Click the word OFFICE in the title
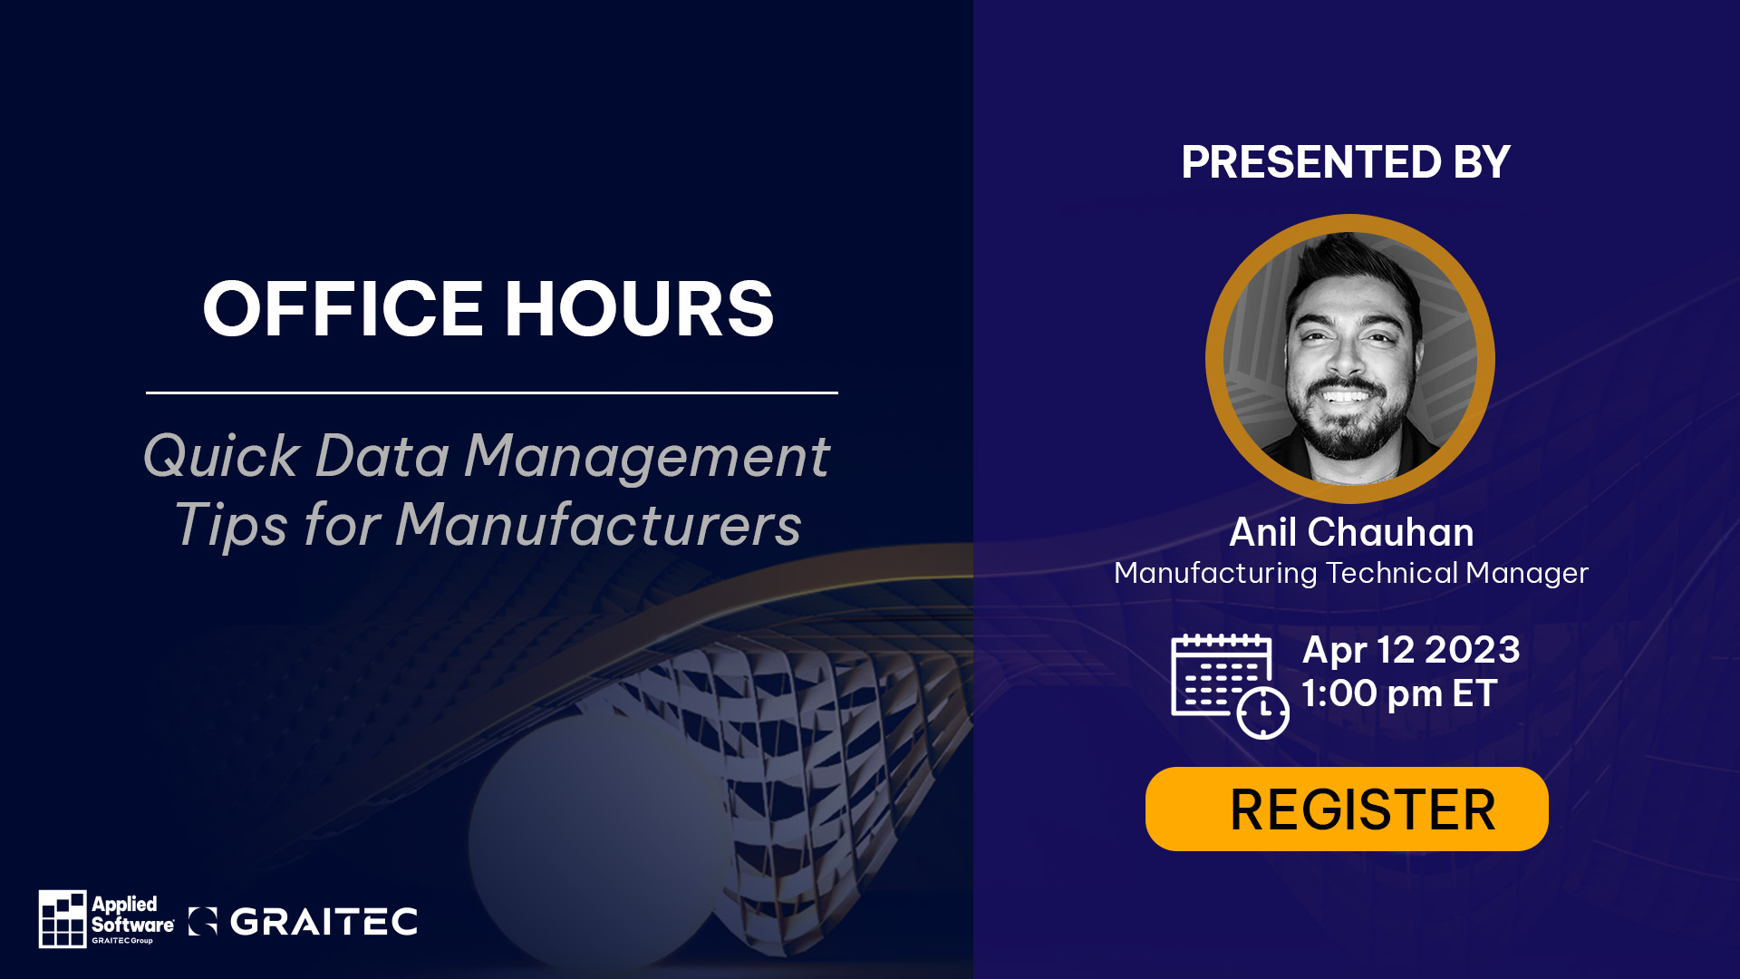pos(343,309)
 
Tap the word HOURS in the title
pos(639,309)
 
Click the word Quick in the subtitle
pos(221,455)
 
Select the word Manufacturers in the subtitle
pos(598,525)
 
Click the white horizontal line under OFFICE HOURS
pos(492,393)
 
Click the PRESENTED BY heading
pos(1346,162)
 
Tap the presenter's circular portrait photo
pos(1350,359)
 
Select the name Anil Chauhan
pos(1351,532)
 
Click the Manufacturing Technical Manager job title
pos(1351,573)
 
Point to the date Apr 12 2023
pos(1411,650)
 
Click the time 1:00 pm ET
pos(1399,693)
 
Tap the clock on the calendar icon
pos(1263,712)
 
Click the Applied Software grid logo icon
pos(63,918)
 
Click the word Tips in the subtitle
pos(230,526)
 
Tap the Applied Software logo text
pos(132,918)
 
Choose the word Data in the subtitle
pos(382,455)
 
